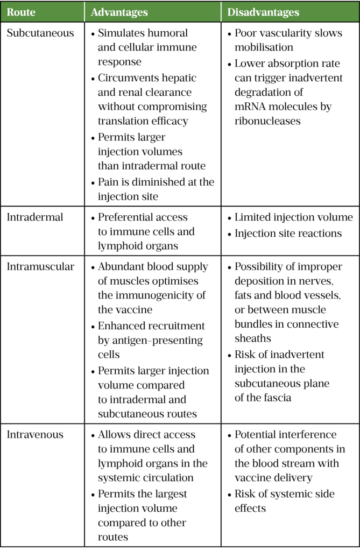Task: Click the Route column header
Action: (x=21, y=12)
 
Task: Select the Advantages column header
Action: (x=119, y=12)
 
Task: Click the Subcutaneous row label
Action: (x=40, y=33)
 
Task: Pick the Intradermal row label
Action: (x=35, y=217)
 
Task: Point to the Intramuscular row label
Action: (x=40, y=266)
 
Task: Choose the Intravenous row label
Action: (x=35, y=434)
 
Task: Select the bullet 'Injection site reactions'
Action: (x=288, y=234)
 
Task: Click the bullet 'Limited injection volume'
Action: (x=293, y=217)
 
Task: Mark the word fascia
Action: (x=279, y=398)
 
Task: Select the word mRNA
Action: (x=250, y=107)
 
